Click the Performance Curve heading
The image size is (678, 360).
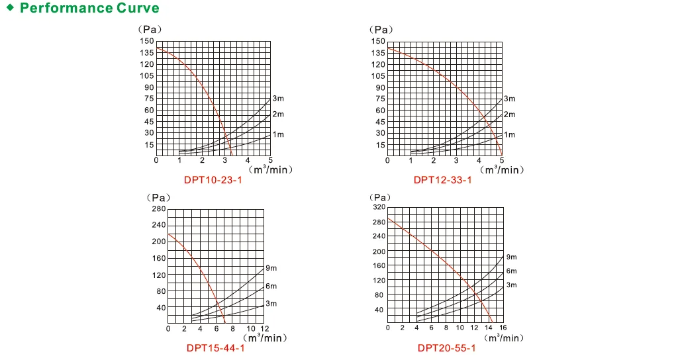89,9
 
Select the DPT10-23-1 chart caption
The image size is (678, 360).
213,180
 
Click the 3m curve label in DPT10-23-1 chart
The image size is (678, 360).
279,99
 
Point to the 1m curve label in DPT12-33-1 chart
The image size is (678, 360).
509,134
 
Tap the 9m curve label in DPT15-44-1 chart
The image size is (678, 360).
271,268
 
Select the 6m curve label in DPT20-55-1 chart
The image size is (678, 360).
511,271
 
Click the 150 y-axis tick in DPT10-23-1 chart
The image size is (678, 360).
146,41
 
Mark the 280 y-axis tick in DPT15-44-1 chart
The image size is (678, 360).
159,209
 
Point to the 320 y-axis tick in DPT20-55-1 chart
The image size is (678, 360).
378,208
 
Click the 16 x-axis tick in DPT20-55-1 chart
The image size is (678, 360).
502,328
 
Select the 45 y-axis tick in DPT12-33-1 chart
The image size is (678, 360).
377,122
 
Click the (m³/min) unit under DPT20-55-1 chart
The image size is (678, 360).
503,338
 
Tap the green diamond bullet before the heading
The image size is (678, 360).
10,8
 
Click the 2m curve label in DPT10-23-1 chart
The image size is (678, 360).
279,114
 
